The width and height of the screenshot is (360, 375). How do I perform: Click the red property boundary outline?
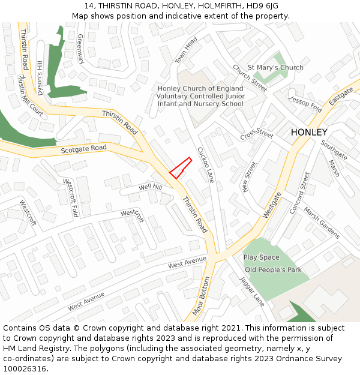180,168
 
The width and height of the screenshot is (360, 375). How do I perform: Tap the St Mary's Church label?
275,67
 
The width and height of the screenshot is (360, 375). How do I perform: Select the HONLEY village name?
309,132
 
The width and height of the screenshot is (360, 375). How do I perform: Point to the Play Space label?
261,257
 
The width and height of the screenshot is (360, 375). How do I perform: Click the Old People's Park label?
273,269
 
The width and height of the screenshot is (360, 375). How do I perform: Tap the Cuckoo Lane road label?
206,164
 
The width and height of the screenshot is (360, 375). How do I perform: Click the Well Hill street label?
150,188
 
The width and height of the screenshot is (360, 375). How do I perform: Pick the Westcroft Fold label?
71,198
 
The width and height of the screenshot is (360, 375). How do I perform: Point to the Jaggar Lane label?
252,291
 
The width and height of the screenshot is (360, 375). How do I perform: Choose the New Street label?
249,177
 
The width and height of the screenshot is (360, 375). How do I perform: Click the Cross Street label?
257,133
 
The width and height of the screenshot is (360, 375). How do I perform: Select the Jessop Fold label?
305,103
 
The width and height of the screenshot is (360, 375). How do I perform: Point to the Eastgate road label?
341,94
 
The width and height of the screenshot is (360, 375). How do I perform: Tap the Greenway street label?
80,49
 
